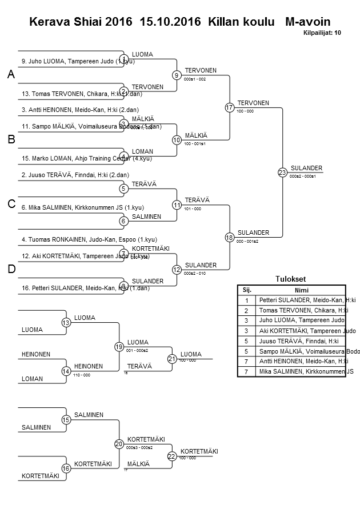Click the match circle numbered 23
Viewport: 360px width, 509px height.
(x=282, y=172)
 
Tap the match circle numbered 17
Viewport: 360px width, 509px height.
(x=230, y=107)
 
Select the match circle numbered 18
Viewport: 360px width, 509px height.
(x=230, y=237)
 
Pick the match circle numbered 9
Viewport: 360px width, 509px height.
(x=177, y=75)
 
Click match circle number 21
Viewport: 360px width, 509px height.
(x=172, y=359)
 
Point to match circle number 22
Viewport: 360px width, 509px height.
(x=172, y=456)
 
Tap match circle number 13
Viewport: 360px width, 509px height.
(x=66, y=323)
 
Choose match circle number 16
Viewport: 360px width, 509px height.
(x=66, y=468)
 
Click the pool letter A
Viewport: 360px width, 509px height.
(x=11, y=75)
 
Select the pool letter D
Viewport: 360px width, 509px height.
(x=11, y=269)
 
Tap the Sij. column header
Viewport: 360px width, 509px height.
(x=247, y=290)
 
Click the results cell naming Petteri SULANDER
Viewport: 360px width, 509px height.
(x=307, y=300)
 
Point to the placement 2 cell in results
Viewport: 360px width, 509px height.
(x=247, y=310)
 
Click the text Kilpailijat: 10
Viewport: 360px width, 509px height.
(x=322, y=33)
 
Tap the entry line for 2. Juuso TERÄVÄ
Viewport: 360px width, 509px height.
(x=74, y=175)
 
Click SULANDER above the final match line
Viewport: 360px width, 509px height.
(x=306, y=168)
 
